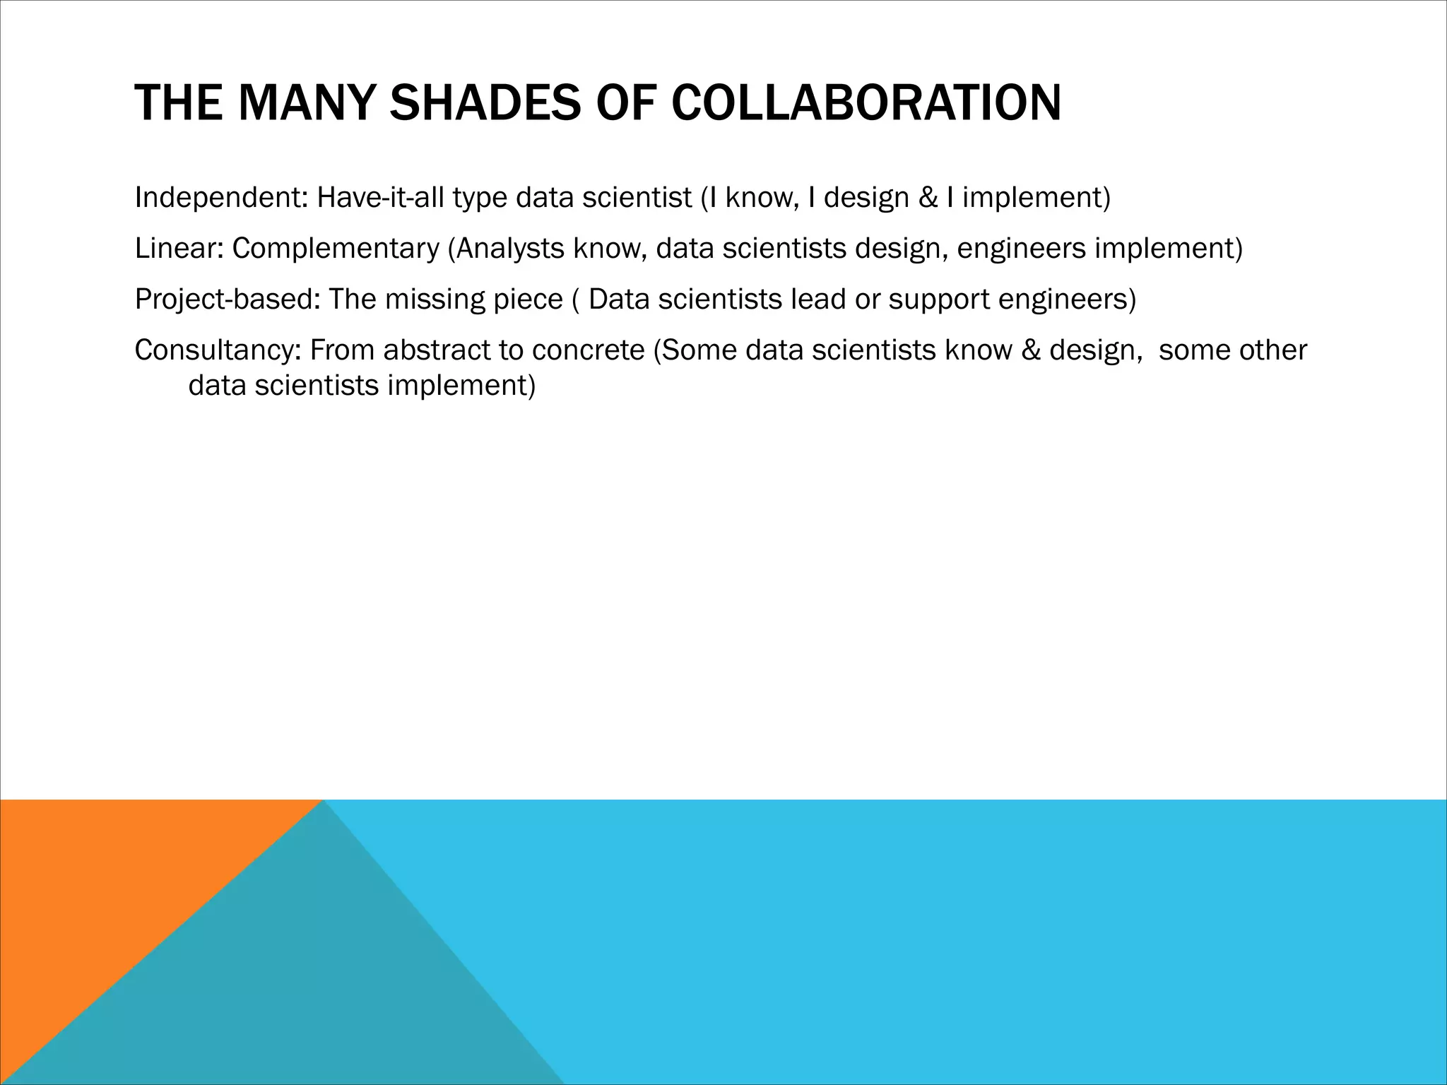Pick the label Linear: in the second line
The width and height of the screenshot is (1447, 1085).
tap(178, 249)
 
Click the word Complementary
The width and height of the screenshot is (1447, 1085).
tap(336, 249)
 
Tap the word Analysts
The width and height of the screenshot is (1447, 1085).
tap(511, 249)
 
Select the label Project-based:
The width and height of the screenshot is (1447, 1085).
tap(227, 300)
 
